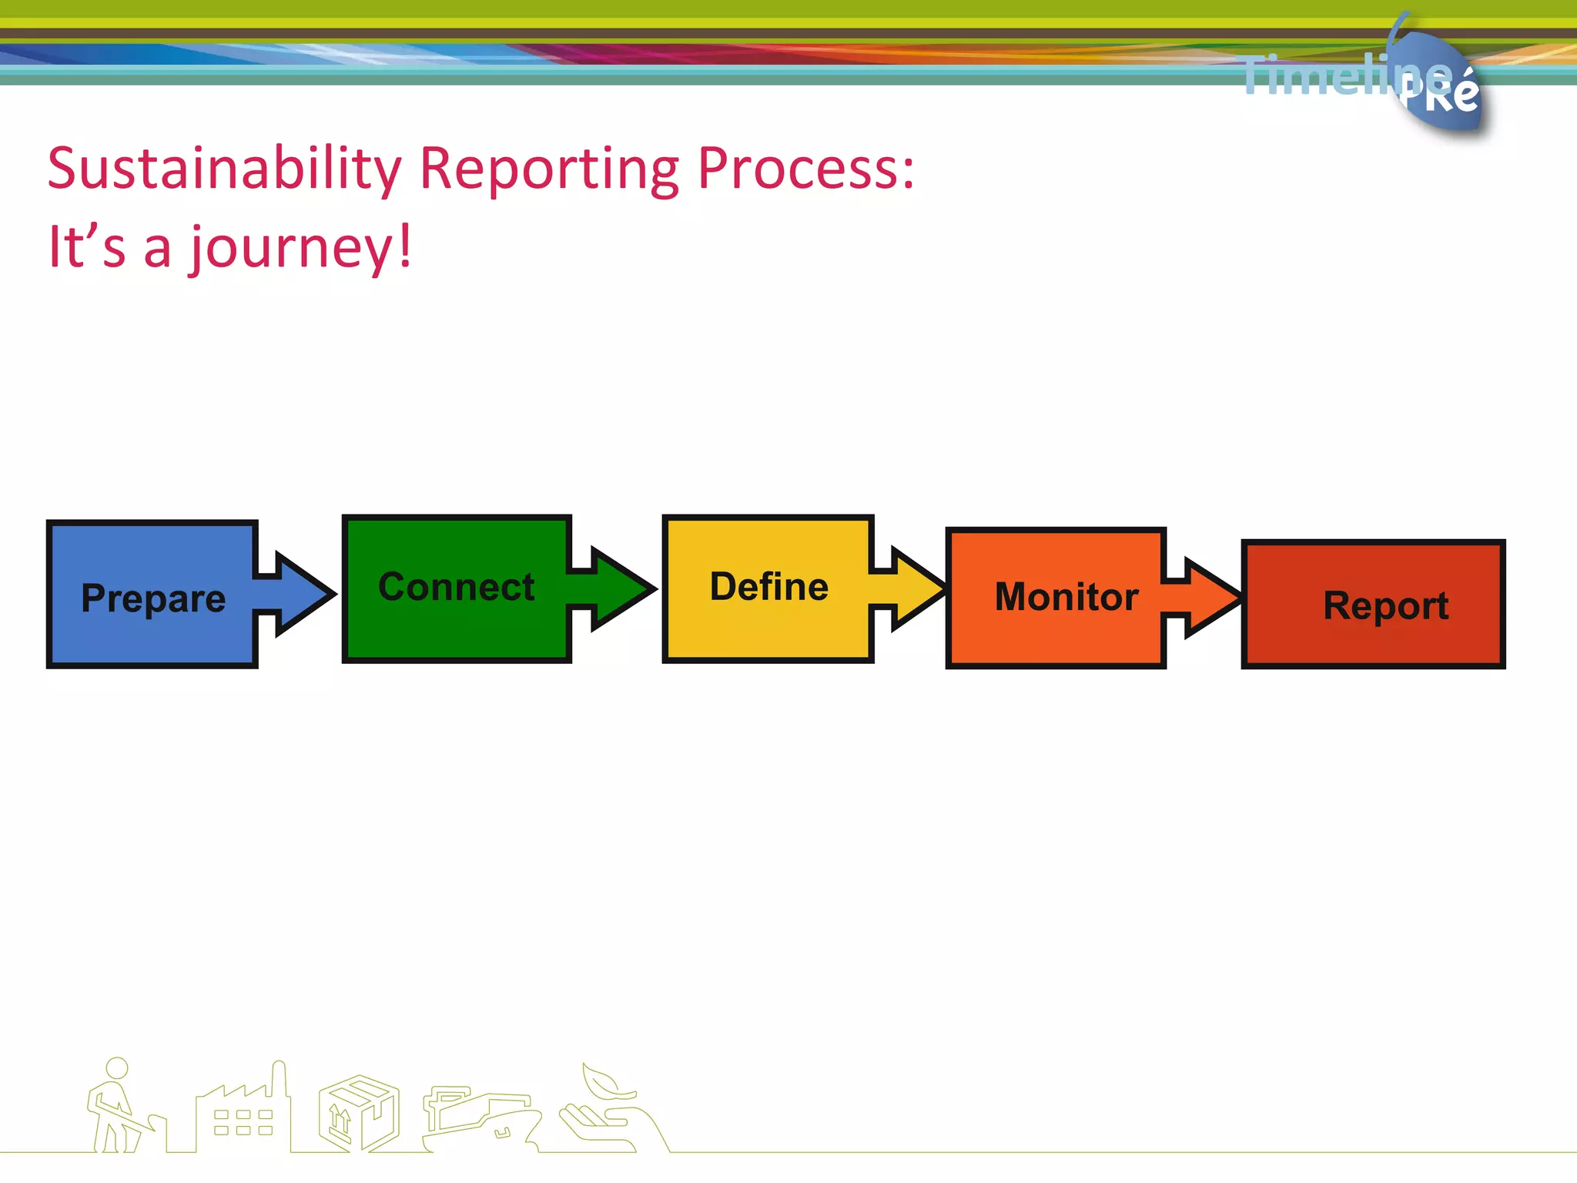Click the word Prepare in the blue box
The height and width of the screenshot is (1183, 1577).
click(x=153, y=598)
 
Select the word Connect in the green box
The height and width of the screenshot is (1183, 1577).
click(x=456, y=587)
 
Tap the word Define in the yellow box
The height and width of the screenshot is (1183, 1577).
click(x=768, y=587)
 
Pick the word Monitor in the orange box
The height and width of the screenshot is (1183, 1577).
click(x=1066, y=597)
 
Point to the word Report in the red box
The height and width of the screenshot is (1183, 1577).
click(x=1385, y=605)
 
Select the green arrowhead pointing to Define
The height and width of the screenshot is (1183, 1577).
click(x=619, y=589)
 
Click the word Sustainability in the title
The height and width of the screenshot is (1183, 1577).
click(x=224, y=168)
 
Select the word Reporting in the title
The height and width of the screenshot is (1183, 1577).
click(x=549, y=168)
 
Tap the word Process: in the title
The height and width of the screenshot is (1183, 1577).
click(x=805, y=168)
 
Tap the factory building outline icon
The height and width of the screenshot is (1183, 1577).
click(x=243, y=1114)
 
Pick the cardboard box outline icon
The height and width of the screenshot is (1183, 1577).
click(x=358, y=1114)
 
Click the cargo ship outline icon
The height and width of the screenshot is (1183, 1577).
click(x=477, y=1117)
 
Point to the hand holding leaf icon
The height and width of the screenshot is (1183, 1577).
click(x=608, y=1109)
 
